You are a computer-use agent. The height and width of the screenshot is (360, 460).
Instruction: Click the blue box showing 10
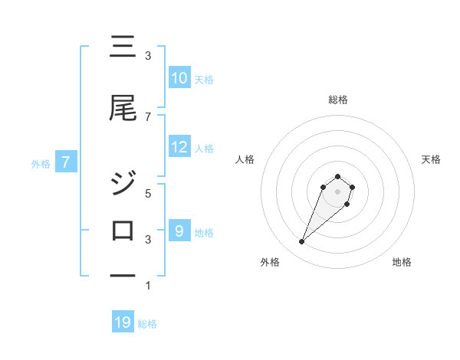(x=179, y=78)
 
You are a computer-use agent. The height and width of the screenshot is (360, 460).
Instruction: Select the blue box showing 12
(x=179, y=147)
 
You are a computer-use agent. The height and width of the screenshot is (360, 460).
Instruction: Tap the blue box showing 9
(x=179, y=231)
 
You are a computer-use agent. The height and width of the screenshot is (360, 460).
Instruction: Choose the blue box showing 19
(x=123, y=322)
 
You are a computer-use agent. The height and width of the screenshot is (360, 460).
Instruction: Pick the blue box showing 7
(x=66, y=162)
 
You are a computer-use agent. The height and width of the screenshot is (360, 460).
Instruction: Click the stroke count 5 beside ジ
(x=148, y=194)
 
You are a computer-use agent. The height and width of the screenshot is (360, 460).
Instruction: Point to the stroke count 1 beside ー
(x=148, y=286)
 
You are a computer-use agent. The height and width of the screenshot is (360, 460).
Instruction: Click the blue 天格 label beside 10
(x=204, y=79)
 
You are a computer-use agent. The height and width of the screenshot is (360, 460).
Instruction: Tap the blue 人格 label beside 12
(x=204, y=148)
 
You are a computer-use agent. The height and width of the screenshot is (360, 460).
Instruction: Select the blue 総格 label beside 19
(x=147, y=323)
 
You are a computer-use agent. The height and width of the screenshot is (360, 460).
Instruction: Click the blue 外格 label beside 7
(x=41, y=163)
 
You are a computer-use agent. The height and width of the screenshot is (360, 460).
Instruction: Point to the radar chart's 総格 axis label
(x=337, y=100)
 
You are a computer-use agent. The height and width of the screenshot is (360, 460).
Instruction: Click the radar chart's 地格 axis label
(x=402, y=263)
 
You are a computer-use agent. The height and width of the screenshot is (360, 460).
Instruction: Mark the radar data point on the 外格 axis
(x=302, y=242)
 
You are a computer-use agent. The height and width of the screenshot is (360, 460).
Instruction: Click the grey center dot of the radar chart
(x=337, y=191)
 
